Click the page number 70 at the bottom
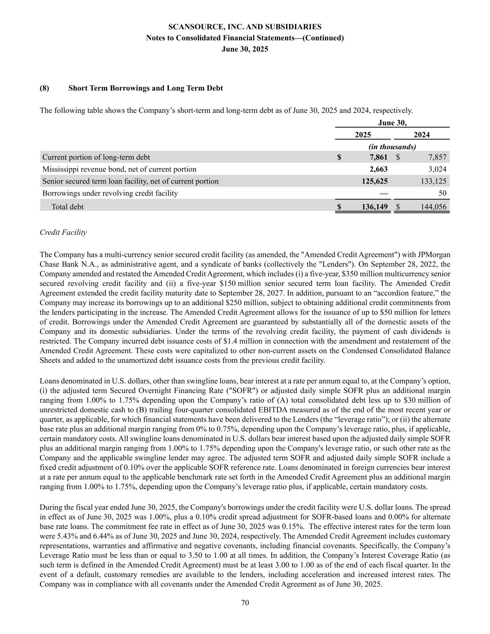tap(245, 603)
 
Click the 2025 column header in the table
tap(363, 135)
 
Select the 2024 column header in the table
tap(421, 135)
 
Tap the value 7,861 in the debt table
tap(377, 157)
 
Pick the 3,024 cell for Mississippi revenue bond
tap(437, 169)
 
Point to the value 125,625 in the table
tap(374, 181)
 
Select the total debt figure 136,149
tap(374, 207)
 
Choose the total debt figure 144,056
tap(434, 207)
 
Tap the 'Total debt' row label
tap(67, 207)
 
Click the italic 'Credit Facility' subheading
tap(63, 232)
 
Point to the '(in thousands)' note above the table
tap(392, 146)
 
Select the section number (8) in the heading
tap(45, 88)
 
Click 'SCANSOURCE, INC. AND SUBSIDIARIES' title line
tap(245, 27)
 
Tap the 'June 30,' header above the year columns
tap(392, 123)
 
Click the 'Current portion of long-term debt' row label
tap(96, 157)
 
